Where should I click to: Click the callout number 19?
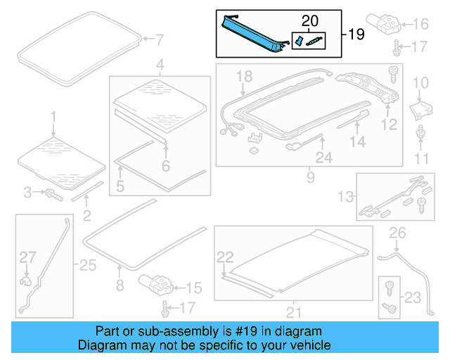[356, 34]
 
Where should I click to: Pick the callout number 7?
[159, 39]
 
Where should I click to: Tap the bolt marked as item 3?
[53, 192]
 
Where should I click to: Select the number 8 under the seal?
[119, 285]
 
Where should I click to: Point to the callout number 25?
[88, 265]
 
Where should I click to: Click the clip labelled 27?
[27, 281]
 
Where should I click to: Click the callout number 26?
[398, 233]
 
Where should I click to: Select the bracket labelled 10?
[420, 110]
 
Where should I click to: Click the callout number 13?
[346, 195]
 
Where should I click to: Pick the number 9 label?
[310, 179]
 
